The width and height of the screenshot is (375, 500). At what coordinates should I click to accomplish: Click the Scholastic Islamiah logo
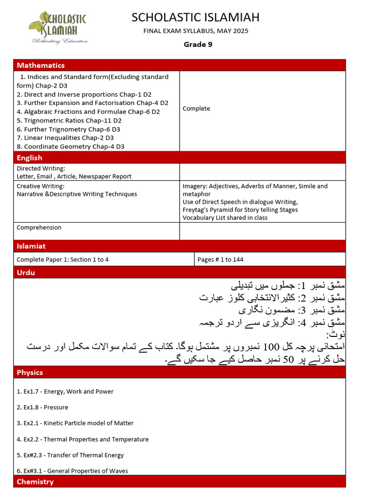58,27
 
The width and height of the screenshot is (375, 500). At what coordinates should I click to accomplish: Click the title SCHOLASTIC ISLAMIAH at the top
195,18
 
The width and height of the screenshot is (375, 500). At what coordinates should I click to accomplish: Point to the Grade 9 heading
198,44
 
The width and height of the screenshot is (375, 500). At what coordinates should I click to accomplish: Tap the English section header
29,158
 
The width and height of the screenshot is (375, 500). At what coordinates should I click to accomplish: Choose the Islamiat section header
31,246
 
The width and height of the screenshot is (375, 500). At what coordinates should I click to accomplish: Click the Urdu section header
26,272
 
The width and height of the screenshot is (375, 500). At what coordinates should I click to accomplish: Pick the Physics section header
30,373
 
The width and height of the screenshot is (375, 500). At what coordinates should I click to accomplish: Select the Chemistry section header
35,482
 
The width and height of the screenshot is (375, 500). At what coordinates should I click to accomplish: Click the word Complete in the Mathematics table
196,109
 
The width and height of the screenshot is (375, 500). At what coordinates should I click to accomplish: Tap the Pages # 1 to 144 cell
220,260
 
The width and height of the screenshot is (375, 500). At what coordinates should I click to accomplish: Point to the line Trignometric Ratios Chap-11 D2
69,121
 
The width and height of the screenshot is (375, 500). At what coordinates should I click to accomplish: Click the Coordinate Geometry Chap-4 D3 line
70,146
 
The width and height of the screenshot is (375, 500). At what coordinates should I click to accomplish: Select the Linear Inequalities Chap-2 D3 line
65,138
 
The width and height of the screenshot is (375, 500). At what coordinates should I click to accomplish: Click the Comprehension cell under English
39,228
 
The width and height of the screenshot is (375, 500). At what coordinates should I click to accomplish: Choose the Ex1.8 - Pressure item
42,407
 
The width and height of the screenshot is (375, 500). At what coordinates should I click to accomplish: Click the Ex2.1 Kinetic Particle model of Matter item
75,423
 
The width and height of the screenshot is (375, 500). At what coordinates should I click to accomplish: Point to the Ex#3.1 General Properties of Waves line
72,471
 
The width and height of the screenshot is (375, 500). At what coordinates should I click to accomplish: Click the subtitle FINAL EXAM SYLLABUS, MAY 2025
195,31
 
